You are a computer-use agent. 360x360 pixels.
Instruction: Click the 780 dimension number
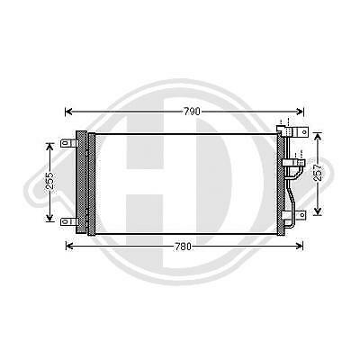tap(186, 245)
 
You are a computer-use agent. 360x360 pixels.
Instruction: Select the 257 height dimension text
tap(318, 174)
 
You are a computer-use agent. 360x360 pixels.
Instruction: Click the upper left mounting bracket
tap(67, 142)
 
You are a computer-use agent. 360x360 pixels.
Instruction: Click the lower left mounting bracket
tap(67, 220)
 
